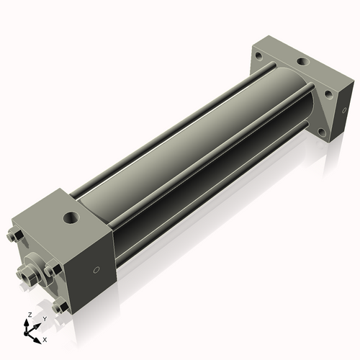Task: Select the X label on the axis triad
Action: (x=45, y=338)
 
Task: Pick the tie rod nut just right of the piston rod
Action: (x=51, y=270)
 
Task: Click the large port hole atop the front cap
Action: (x=71, y=216)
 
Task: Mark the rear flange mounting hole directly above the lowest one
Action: (x=328, y=92)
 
